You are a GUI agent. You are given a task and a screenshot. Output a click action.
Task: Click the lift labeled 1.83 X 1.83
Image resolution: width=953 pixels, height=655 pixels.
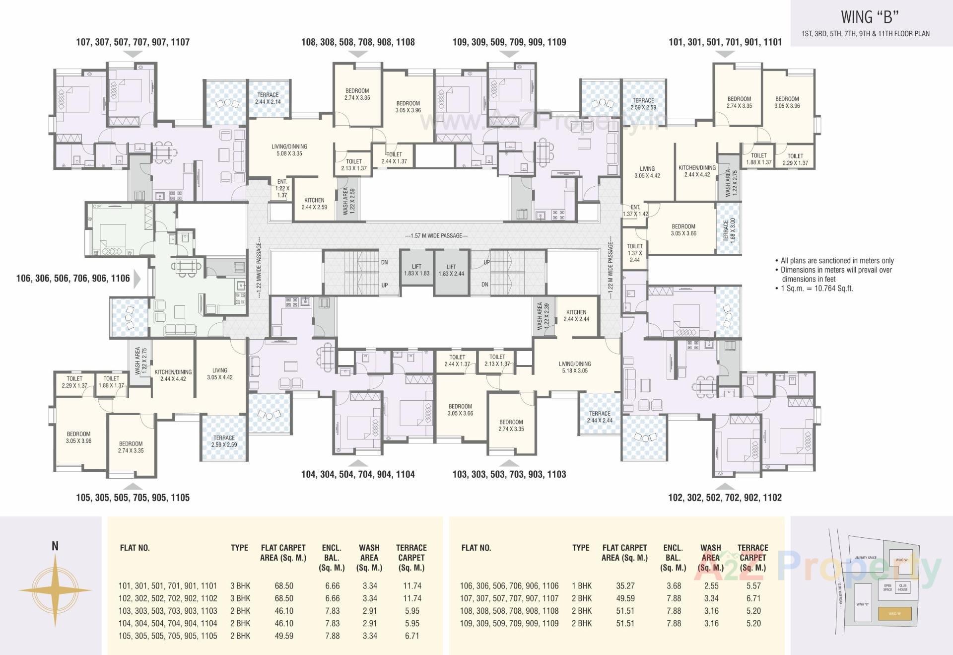coord(416,270)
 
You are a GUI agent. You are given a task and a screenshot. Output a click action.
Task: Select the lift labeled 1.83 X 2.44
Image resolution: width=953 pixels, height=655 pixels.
coord(451,270)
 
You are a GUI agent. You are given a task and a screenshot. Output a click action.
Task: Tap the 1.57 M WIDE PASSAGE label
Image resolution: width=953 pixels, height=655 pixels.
coord(436,235)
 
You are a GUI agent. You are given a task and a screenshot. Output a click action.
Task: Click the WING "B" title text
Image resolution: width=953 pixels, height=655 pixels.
coord(869,17)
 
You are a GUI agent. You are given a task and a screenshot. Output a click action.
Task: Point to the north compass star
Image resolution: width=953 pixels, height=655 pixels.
coord(55,590)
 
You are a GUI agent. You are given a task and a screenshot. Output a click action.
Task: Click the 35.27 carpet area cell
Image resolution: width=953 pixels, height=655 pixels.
coord(625,586)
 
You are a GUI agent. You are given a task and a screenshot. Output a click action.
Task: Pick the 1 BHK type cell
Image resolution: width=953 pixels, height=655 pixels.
coord(581,586)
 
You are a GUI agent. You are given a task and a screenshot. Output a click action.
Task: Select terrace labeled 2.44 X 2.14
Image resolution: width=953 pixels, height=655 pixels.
coord(268,98)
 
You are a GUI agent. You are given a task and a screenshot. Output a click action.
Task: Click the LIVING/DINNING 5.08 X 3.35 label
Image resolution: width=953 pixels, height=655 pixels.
coord(289,150)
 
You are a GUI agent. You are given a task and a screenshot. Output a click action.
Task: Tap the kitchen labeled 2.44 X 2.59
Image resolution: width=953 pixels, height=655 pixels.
coord(314,204)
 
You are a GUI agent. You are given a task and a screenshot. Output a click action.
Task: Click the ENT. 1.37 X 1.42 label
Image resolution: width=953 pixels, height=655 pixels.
coord(635,211)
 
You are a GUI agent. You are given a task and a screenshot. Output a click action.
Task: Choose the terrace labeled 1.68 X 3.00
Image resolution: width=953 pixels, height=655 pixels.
coord(729,230)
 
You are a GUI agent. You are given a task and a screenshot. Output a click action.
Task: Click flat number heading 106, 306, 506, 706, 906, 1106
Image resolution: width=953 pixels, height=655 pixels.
coord(73,278)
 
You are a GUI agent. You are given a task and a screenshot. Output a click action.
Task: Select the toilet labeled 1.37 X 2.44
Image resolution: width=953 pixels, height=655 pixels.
coord(634,253)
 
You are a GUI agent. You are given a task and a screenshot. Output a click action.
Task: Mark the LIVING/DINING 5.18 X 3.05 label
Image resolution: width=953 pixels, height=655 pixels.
coord(575,367)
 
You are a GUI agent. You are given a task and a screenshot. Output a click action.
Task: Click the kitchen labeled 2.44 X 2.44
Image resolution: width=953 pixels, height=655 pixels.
coord(576,316)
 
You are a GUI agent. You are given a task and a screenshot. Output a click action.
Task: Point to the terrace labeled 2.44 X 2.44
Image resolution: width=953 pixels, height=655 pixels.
coord(600,417)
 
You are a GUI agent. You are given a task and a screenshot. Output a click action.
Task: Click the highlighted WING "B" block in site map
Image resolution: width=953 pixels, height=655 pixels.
coord(894,614)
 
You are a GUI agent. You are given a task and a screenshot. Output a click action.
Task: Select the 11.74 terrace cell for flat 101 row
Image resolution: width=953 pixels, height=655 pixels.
coord(412,586)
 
